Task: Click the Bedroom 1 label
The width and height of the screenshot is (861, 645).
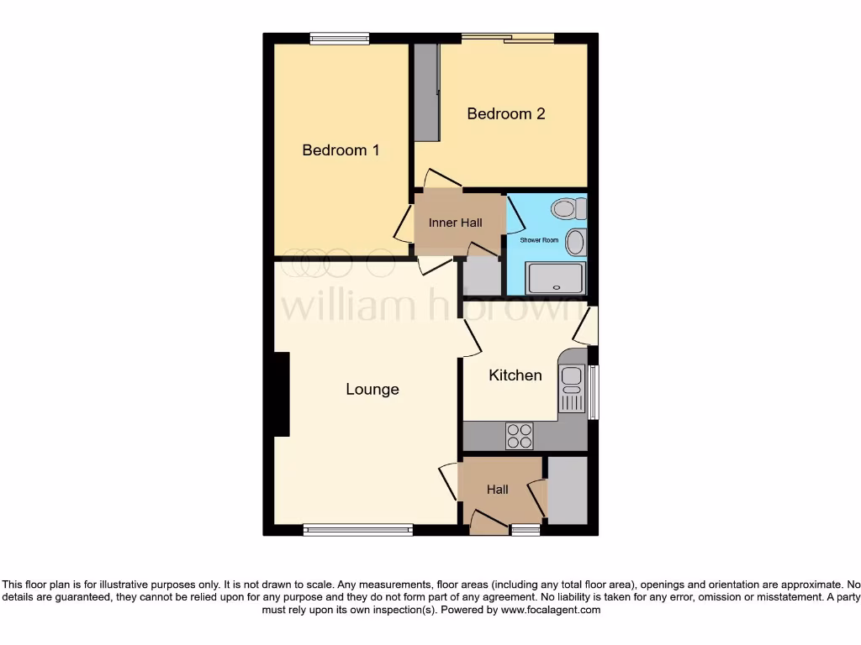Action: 341,150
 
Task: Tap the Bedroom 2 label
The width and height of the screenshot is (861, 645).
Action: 506,113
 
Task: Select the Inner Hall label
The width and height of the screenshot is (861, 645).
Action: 456,223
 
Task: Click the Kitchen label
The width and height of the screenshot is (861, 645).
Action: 515,375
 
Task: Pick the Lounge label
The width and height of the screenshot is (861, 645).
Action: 372,390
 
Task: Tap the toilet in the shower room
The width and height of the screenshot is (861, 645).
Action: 569,207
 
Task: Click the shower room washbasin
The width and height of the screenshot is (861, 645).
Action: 576,242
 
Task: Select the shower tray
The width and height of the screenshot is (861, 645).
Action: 556,278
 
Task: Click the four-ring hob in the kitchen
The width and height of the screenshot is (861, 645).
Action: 519,435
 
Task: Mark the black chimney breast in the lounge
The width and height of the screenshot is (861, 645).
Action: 281,394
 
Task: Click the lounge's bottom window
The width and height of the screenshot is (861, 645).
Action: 358,529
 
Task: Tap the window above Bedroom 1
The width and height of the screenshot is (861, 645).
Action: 339,37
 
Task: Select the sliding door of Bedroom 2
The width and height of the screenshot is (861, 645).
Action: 508,37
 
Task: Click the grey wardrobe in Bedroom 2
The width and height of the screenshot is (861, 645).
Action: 426,92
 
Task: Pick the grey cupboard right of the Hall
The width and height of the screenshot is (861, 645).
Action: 568,490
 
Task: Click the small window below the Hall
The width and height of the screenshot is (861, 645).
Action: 526,529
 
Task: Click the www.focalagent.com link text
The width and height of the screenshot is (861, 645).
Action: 552,611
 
